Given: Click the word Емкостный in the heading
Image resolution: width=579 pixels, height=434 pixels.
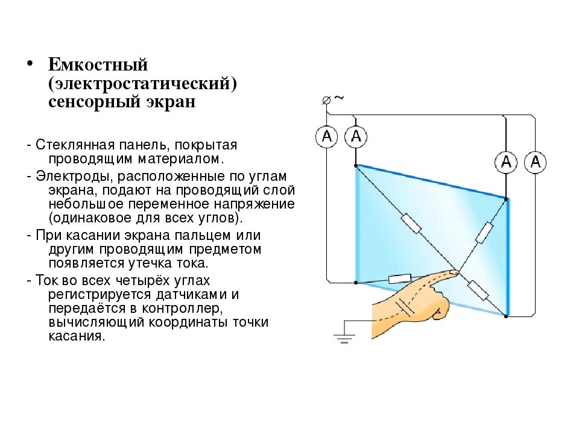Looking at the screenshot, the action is click(98, 64).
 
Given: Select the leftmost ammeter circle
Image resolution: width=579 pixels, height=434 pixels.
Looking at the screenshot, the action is click(327, 137).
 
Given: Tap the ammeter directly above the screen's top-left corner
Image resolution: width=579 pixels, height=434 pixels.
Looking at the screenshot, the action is click(356, 137).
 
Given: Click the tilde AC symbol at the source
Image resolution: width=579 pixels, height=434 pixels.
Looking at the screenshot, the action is click(338, 98).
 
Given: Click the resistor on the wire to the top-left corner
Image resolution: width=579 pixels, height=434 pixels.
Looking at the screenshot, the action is click(412, 223).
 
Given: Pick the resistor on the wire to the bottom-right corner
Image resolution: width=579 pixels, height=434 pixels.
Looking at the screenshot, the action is click(478, 290).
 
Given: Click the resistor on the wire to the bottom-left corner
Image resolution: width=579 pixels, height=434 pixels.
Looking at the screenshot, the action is click(400, 278).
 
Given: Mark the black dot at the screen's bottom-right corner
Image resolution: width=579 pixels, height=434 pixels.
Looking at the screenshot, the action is click(507, 314).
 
